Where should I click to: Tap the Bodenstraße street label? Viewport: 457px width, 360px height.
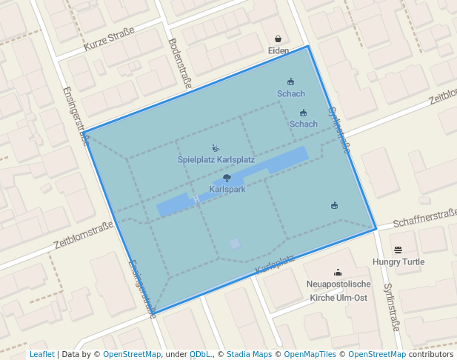[x=180, y=64]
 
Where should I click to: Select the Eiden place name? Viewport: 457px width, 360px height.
[x=278, y=50]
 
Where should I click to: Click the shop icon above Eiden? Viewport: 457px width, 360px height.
[x=278, y=39]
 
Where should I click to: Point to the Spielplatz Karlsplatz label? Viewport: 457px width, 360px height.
[x=216, y=159]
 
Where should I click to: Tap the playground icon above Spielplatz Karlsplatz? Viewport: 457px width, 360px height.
[x=216, y=148]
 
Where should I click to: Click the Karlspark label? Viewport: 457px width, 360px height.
[x=227, y=189]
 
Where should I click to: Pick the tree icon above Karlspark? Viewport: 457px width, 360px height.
[x=227, y=178]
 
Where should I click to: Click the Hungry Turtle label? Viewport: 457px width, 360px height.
[x=398, y=261]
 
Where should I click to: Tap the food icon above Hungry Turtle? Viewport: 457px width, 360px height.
[x=398, y=250]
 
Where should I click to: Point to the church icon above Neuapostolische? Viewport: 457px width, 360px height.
[x=338, y=273]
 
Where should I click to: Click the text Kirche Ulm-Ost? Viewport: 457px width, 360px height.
[x=338, y=297]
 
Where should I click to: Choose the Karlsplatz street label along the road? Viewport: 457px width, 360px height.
[x=274, y=263]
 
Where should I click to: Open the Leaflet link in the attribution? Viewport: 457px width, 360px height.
[x=41, y=354]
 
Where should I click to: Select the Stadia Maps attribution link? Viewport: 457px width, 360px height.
[x=249, y=354]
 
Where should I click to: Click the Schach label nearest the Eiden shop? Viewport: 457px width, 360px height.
[x=291, y=94]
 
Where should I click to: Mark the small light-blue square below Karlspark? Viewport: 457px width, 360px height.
[x=235, y=243]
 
